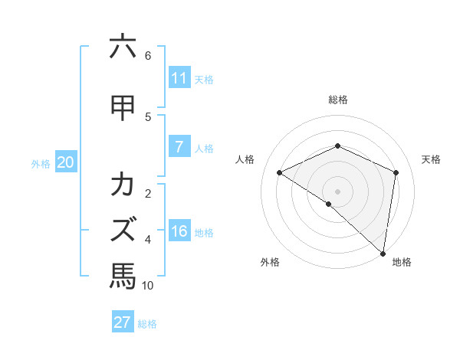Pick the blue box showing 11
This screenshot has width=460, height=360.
pos(179,78)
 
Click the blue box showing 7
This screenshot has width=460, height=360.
pos(179,147)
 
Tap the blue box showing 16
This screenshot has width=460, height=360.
pos(179,231)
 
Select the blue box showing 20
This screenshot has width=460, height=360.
pos(66,162)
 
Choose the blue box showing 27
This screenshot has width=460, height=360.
pos(123,322)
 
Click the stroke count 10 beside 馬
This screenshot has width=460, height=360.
pos(148,286)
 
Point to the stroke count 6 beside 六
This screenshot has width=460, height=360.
pos(148,56)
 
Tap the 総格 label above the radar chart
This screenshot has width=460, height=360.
pos(337,100)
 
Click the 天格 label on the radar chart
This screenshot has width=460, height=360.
pos(431,159)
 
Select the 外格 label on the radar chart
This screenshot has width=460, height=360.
pos(270,263)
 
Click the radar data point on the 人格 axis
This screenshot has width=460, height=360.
pos(280,173)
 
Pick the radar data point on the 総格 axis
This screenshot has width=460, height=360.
pos(337,146)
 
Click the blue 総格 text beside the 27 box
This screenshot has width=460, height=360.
pos(147,324)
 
